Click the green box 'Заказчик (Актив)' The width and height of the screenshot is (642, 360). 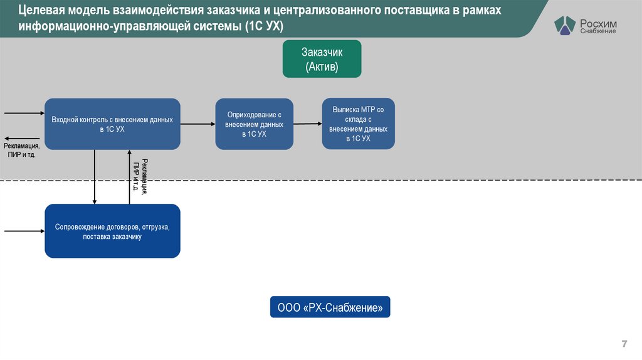[x=322, y=59]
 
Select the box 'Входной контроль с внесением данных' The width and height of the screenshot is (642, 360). [x=112, y=124]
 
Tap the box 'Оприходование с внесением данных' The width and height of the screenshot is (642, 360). [x=254, y=124]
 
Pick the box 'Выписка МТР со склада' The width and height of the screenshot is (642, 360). [x=358, y=124]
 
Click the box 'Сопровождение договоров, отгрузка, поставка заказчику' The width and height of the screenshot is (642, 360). [x=112, y=231]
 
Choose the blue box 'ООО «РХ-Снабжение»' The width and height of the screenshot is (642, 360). [x=330, y=307]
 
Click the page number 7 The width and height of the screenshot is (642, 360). [x=624, y=344]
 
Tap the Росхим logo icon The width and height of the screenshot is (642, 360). [x=564, y=26]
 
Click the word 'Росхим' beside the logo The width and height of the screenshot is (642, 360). [x=598, y=23]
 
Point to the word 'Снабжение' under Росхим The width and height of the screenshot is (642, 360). [x=597, y=31]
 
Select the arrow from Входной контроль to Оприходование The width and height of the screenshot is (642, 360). [x=197, y=124]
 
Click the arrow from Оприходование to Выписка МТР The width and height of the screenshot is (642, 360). [x=307, y=124]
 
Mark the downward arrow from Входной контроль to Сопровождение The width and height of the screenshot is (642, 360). [x=95, y=176]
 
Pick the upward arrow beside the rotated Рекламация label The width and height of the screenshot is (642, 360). [x=130, y=176]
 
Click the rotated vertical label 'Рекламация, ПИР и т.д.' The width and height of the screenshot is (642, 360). [x=140, y=176]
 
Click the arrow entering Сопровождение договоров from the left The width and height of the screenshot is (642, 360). [x=24, y=231]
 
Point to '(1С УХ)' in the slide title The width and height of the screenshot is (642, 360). [x=263, y=27]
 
